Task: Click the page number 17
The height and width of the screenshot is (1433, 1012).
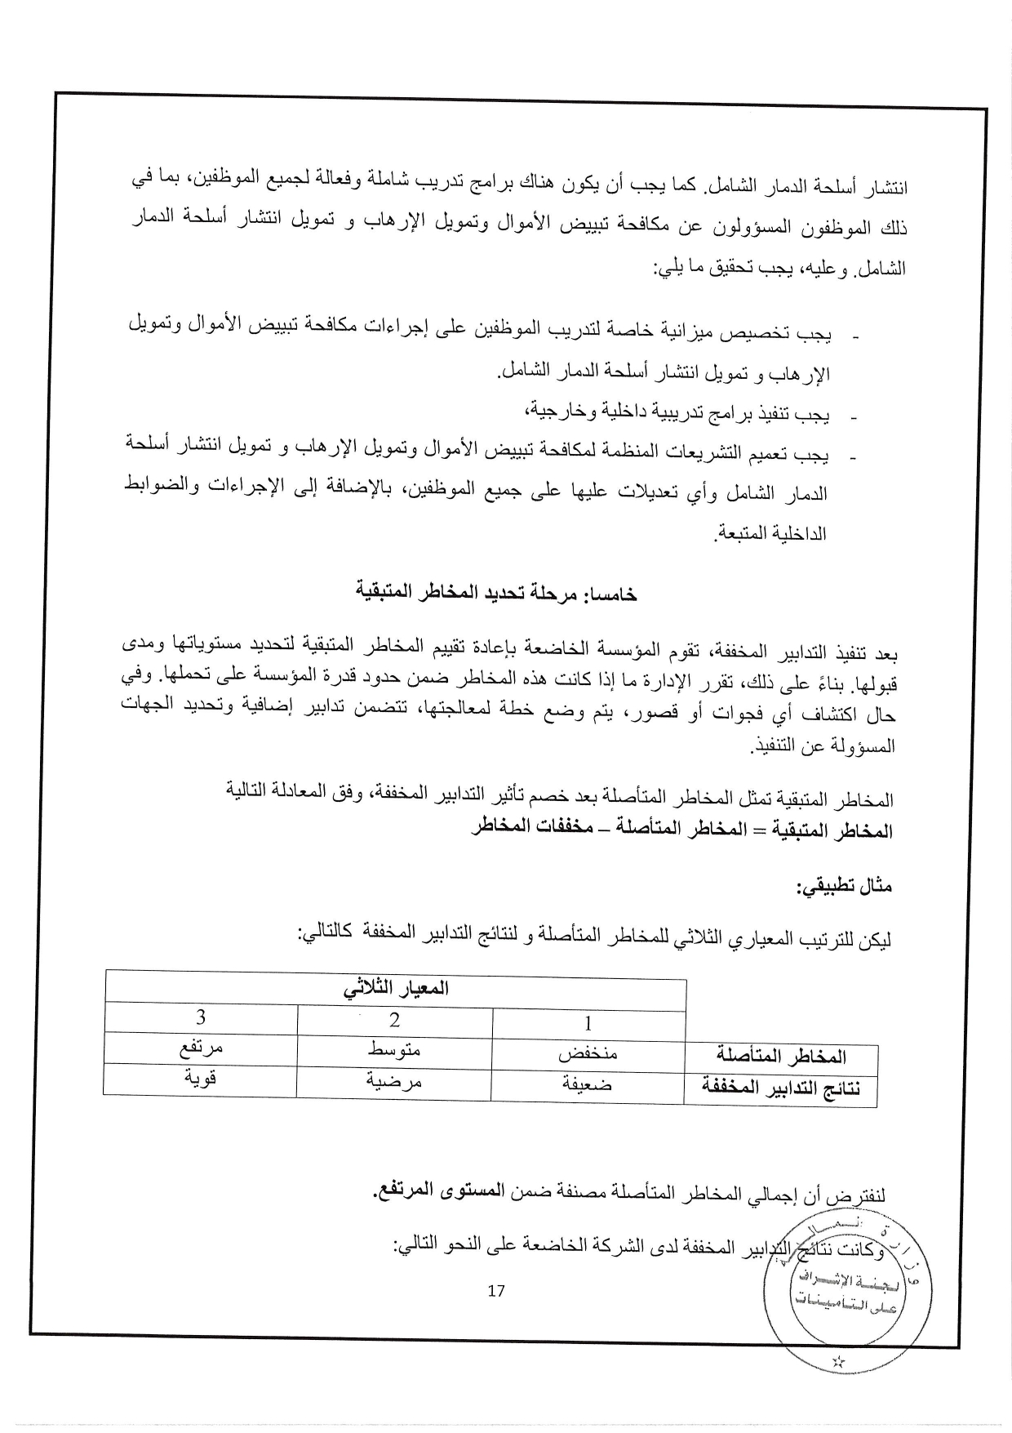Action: pos(495,1291)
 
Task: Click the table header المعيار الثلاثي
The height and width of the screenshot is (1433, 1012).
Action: pos(396,988)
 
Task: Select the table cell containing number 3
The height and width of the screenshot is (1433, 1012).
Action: pos(201,1017)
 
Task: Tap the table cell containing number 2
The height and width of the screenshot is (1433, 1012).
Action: pos(395,1019)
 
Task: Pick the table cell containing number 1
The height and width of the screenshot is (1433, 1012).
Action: pos(588,1022)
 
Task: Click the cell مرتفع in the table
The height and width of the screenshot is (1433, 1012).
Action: pos(201,1048)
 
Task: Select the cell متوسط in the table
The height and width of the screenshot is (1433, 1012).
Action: pos(395,1049)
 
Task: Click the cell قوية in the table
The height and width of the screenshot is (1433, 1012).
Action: pos(201,1079)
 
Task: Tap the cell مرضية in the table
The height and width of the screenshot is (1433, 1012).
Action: pos(395,1080)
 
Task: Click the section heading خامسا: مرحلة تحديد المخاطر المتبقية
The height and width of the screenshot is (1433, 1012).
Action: pos(497,593)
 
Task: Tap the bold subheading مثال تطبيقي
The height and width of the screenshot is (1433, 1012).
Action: pos(845,886)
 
